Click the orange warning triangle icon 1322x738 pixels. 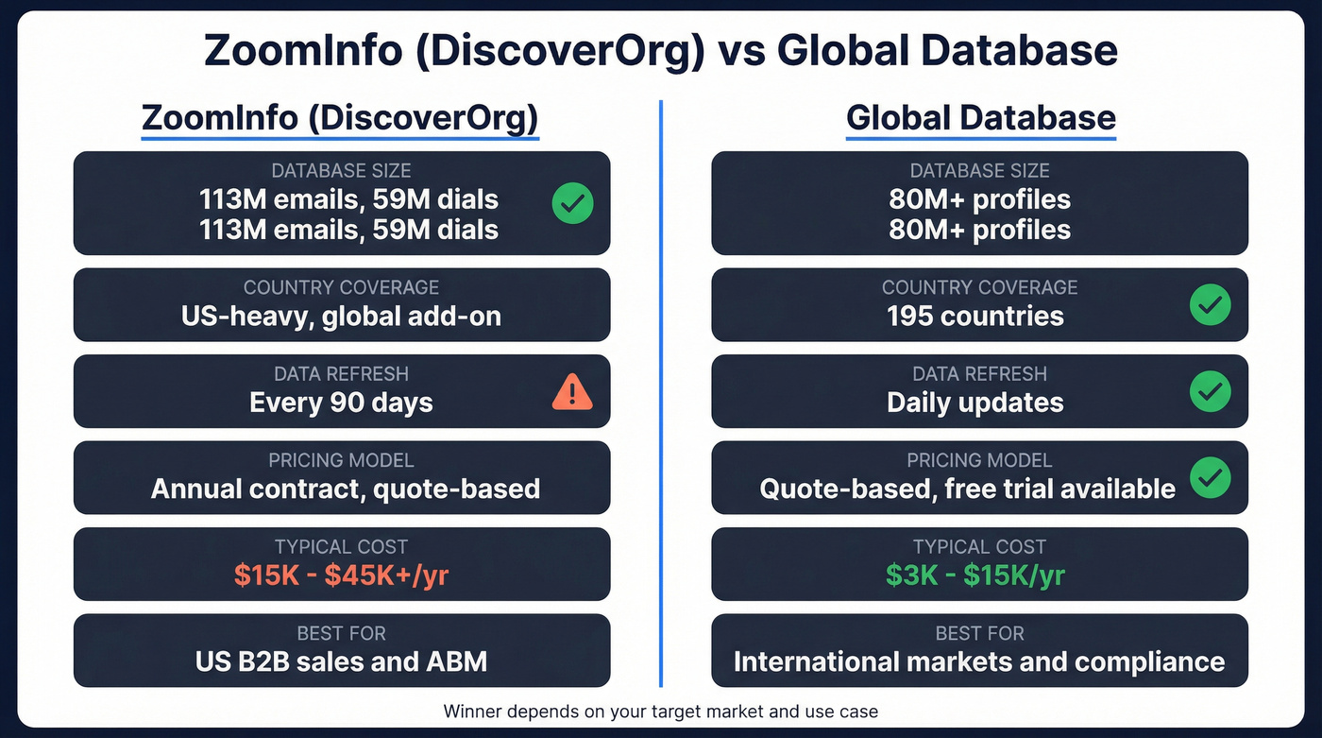(x=571, y=391)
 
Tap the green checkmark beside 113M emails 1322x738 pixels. (x=571, y=203)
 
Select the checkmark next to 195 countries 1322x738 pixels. (x=1210, y=305)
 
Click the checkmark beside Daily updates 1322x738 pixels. (x=1210, y=391)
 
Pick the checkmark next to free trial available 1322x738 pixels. (x=1210, y=478)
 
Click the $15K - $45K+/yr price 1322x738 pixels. (x=341, y=575)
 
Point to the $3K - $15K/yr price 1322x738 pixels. (x=975, y=575)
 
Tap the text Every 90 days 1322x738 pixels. (x=341, y=403)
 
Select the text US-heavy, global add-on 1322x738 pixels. (x=341, y=316)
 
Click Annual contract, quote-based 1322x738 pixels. (x=345, y=489)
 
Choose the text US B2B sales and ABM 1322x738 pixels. (x=341, y=661)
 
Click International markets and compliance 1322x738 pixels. (x=979, y=661)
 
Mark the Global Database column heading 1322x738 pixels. (x=980, y=118)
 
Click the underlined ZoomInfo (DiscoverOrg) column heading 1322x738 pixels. (x=340, y=118)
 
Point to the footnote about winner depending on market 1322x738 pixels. (x=660, y=711)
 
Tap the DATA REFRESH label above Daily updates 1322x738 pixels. (x=979, y=373)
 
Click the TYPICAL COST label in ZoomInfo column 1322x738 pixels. (x=341, y=546)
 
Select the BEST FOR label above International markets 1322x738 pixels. (x=979, y=632)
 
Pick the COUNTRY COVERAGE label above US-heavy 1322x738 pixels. (x=341, y=287)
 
